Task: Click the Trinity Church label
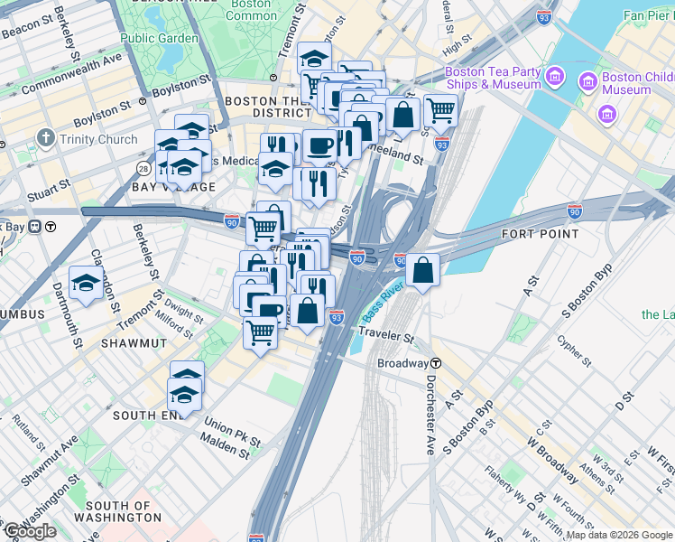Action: pyautogui.click(x=98, y=139)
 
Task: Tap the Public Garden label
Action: pyautogui.click(x=159, y=39)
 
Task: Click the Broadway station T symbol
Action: pyautogui.click(x=436, y=363)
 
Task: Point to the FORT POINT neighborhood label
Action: pyautogui.click(x=540, y=234)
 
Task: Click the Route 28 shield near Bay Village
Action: pyautogui.click(x=143, y=169)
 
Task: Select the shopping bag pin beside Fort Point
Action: pyautogui.click(x=422, y=269)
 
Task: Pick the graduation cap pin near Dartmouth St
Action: pyautogui.click(x=87, y=282)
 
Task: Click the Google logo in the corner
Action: pyautogui.click(x=30, y=531)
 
